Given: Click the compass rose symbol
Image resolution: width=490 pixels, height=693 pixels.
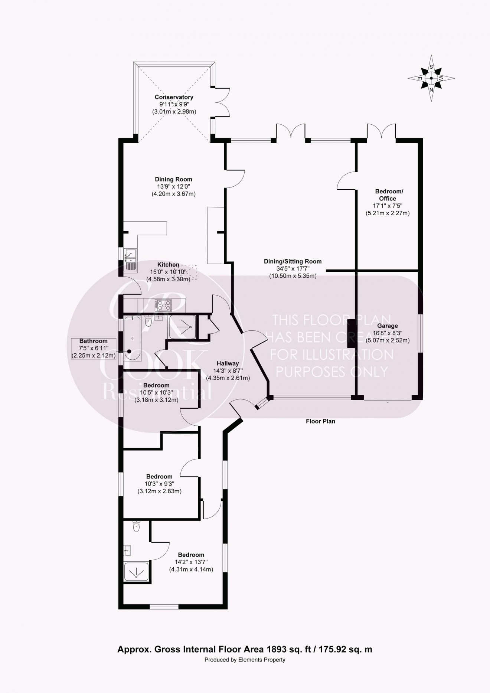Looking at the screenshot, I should (431, 78).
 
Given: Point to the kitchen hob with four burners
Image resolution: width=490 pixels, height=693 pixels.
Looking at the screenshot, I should (164, 305).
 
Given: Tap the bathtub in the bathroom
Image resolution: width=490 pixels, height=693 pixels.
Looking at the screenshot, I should (132, 338).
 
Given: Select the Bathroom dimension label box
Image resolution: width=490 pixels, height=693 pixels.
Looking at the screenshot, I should (93, 348).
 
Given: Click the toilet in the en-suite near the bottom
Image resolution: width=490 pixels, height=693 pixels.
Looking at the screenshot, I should (136, 526).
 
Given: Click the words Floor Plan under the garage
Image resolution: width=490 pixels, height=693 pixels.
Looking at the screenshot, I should (320, 421).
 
